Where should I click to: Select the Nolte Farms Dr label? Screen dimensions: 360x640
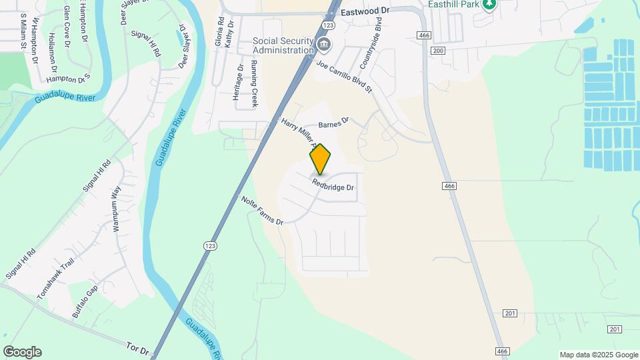[x=262, y=209]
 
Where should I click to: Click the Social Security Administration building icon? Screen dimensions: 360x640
[x=324, y=45]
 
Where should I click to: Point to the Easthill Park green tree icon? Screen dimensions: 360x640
[x=490, y=5]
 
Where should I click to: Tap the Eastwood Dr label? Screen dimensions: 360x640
[x=365, y=12]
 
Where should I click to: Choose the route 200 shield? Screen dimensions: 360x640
[x=437, y=51]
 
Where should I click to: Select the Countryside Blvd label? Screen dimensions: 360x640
[x=371, y=47]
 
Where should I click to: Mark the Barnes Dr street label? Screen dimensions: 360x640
[x=333, y=123]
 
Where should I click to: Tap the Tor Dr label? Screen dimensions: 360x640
[x=137, y=347]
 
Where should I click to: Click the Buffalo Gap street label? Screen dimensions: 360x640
[x=85, y=301]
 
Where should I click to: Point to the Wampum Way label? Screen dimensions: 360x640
[x=117, y=209]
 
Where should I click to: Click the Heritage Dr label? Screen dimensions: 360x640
[x=238, y=83]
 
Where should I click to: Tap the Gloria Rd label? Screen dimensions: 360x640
[x=219, y=31]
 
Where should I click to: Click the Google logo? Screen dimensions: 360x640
[x=22, y=352]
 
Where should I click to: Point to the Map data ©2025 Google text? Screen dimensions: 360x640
[x=598, y=355]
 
